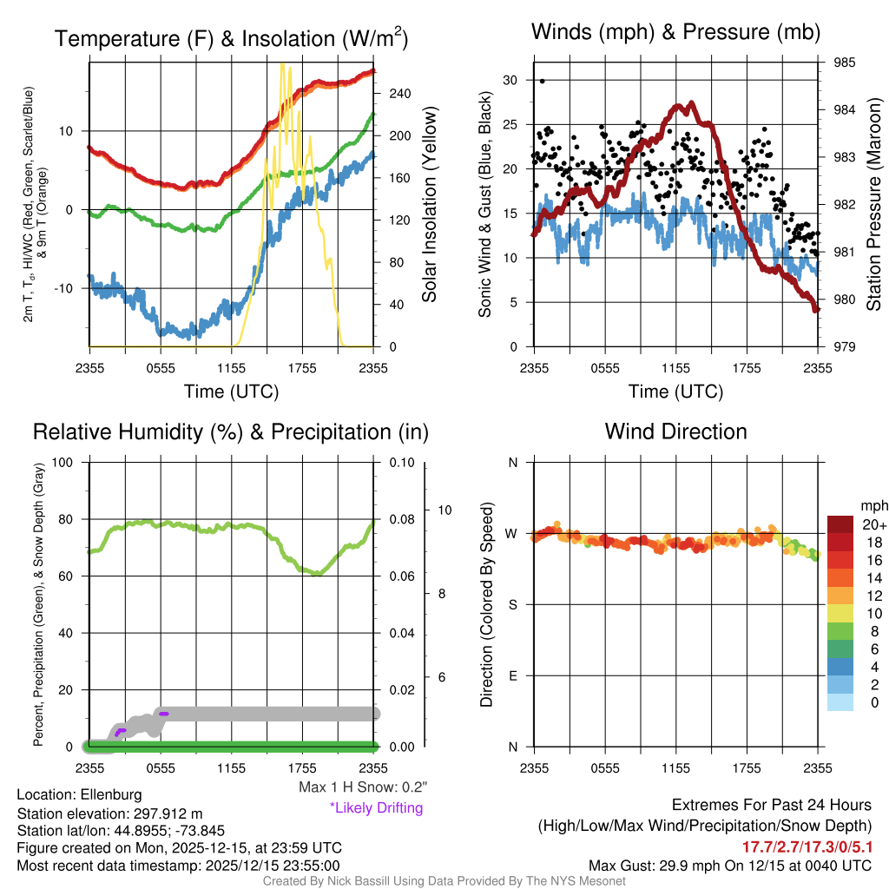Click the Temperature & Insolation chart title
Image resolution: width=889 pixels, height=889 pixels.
tap(232, 38)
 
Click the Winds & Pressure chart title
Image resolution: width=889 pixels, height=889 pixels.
tap(675, 32)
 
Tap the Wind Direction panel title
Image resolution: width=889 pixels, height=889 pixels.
tap(675, 431)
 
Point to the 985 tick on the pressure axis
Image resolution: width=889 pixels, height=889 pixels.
tap(845, 63)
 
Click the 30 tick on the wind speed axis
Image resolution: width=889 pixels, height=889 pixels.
tap(510, 80)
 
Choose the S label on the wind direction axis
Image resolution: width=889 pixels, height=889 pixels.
tap(512, 605)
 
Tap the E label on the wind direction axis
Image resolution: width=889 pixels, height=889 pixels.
tap(512, 675)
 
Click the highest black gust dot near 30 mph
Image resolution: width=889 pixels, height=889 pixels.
tap(543, 81)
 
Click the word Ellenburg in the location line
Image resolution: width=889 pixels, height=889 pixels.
tap(111, 794)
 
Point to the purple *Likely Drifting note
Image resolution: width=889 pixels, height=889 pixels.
tap(376, 808)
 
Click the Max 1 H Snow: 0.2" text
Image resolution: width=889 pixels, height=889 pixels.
tap(363, 787)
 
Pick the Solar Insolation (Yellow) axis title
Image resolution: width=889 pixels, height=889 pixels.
tap(430, 205)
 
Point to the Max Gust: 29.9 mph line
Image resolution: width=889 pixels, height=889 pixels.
tap(729, 865)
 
